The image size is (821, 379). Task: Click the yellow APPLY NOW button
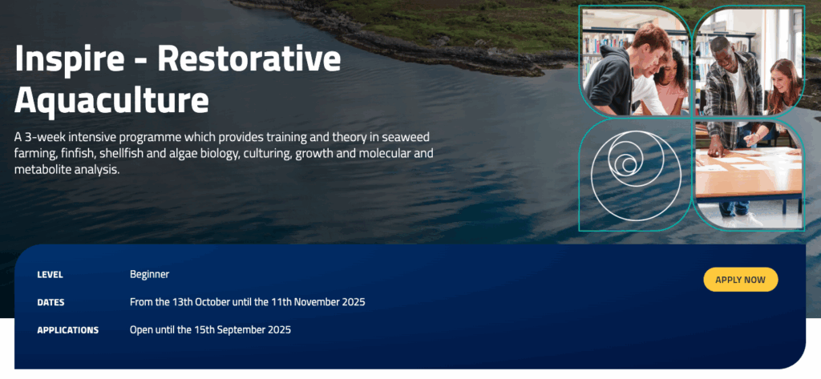tap(740, 280)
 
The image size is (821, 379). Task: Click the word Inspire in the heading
tap(69, 59)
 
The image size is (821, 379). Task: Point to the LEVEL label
tap(51, 275)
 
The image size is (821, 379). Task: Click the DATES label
tap(51, 303)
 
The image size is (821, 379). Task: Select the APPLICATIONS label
tap(67, 330)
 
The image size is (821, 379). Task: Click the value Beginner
tap(149, 274)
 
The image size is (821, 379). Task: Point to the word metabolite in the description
tap(40, 170)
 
